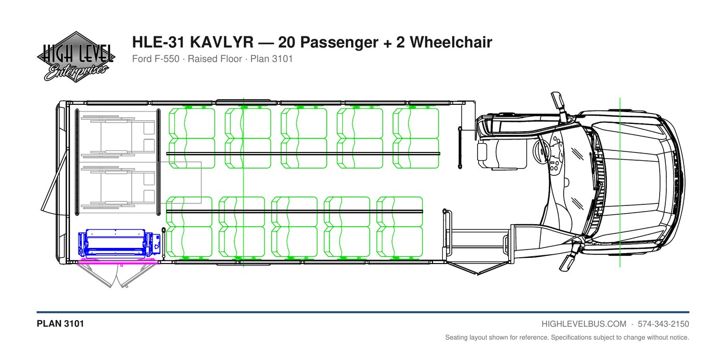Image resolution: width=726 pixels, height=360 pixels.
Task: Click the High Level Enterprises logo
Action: click(x=76, y=57)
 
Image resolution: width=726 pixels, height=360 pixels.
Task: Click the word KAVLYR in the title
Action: click(x=222, y=42)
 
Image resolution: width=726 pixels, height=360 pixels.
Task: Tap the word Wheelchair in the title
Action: click(x=451, y=42)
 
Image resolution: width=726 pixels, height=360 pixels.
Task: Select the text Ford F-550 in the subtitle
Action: click(x=156, y=59)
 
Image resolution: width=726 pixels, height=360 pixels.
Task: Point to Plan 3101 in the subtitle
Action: click(x=272, y=59)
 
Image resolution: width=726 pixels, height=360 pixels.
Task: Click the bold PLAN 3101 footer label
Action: click(x=60, y=324)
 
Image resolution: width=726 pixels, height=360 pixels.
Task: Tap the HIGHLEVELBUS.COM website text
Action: click(x=584, y=324)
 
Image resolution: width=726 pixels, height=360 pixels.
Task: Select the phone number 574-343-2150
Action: click(x=663, y=324)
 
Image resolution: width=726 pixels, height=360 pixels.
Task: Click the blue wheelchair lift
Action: click(x=119, y=243)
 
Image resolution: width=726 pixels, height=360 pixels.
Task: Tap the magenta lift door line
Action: click(x=118, y=264)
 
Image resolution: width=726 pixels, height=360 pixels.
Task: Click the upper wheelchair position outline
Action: click(x=118, y=136)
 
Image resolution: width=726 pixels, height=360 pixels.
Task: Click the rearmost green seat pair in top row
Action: click(x=192, y=138)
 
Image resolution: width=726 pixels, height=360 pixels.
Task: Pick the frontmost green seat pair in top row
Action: click(x=415, y=138)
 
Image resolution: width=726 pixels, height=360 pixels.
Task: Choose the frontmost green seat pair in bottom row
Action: click(x=400, y=227)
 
